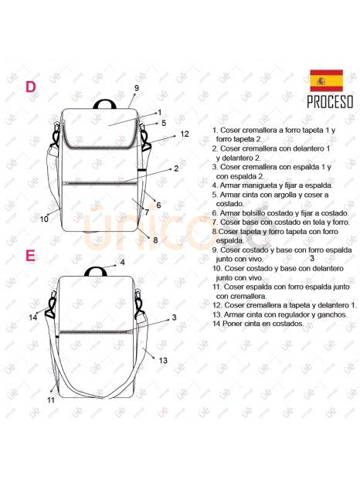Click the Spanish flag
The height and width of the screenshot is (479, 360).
pos(327,80)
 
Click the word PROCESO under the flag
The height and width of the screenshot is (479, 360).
pos(330,102)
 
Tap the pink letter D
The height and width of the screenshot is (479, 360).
pos(31,87)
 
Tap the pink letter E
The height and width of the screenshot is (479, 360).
pos(30,256)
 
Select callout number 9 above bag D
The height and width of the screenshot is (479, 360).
pos(137,88)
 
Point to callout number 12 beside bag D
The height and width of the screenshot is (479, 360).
pos(185,134)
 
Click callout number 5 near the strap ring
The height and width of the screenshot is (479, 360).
pos(164,123)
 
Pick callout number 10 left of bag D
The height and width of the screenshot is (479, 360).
pos(44,219)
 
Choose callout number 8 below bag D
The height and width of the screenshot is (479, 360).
pos(155,240)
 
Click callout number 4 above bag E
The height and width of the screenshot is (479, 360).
pos(122,263)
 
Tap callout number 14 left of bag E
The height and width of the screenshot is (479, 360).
pos(33,318)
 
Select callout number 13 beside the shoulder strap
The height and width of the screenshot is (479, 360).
pos(163,361)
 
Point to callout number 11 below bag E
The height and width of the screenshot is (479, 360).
pos(51,400)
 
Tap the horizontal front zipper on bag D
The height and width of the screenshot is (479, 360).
pos(100,183)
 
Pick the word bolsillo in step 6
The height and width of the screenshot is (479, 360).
pos(251,213)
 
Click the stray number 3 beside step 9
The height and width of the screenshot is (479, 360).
pos(312,259)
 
